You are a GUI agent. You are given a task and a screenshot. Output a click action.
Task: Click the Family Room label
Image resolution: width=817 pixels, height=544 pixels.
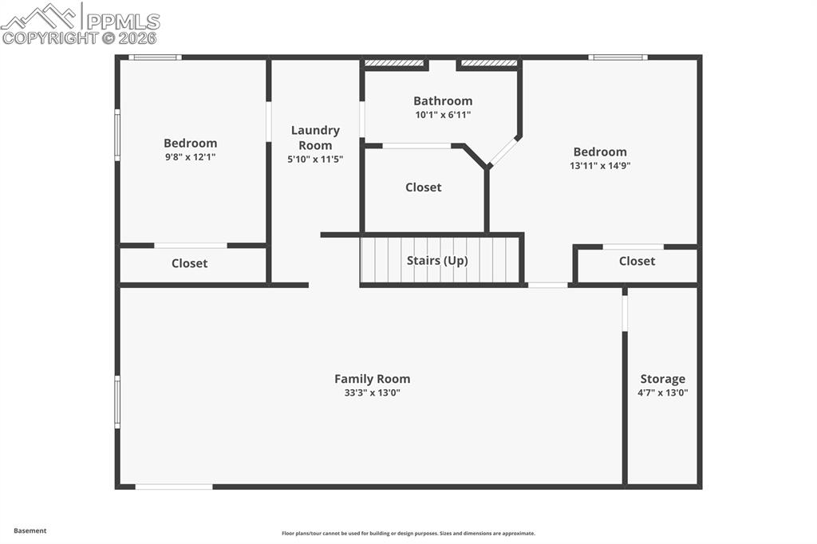(372, 379)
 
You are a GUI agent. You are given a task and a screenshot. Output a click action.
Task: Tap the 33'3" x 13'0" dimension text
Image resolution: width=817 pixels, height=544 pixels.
(372, 392)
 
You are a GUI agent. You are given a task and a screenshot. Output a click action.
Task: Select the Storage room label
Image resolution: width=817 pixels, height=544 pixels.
(662, 379)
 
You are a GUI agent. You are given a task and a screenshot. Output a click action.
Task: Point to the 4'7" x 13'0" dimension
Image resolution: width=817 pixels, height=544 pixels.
(662, 392)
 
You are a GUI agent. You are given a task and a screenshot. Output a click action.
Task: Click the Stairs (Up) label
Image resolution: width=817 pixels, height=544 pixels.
(437, 261)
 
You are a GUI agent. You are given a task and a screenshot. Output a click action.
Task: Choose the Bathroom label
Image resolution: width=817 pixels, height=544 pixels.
(443, 101)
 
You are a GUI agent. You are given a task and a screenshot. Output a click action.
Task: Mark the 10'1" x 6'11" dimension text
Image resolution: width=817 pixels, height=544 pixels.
(443, 115)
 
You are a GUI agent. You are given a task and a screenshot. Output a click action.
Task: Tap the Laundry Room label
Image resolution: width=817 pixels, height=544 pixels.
(315, 137)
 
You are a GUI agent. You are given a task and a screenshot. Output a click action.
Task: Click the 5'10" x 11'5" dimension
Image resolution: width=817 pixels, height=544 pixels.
(315, 159)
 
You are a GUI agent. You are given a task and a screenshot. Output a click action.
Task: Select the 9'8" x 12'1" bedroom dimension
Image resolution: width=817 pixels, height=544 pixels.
(190, 157)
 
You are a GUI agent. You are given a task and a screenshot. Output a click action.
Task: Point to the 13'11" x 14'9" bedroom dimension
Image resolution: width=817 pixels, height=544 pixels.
(600, 166)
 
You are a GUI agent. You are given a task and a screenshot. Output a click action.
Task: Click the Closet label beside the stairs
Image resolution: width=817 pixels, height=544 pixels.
(423, 187)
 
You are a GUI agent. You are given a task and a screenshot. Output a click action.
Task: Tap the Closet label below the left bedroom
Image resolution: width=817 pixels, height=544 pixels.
(190, 263)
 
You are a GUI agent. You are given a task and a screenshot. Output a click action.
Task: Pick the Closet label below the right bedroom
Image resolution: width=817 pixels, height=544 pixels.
(637, 261)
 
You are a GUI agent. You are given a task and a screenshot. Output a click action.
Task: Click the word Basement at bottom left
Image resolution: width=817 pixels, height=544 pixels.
(30, 530)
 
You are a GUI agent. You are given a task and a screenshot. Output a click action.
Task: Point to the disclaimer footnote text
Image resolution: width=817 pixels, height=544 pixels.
(408, 534)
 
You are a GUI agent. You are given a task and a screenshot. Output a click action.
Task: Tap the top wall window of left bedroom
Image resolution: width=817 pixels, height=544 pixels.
(155, 57)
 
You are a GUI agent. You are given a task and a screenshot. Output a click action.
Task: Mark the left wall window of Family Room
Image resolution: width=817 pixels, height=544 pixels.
(117, 402)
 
